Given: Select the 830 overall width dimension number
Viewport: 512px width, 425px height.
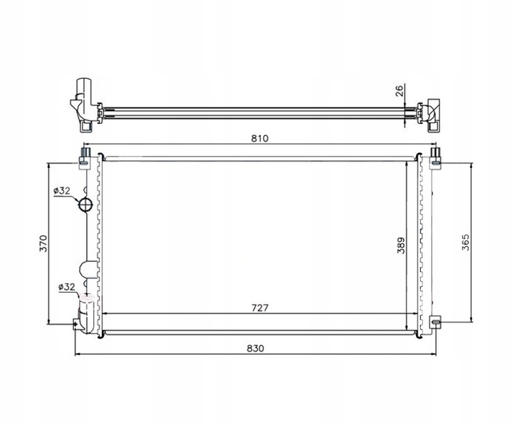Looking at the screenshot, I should pyautogui.click(x=256, y=348).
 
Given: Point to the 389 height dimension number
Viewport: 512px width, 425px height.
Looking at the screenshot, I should pyautogui.click(x=402, y=246).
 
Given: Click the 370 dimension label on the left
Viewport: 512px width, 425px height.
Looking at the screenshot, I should pyautogui.click(x=43, y=243).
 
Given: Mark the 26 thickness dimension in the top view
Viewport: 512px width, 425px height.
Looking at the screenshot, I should pyautogui.click(x=400, y=90).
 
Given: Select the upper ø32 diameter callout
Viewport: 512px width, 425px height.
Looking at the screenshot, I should pyautogui.click(x=62, y=191).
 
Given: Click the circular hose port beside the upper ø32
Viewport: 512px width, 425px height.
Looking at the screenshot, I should pyautogui.click(x=85, y=205).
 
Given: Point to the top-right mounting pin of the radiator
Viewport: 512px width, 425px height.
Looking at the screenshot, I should pyautogui.click(x=434, y=154).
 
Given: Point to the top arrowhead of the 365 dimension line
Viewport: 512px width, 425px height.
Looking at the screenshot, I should pyautogui.click(x=472, y=164).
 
